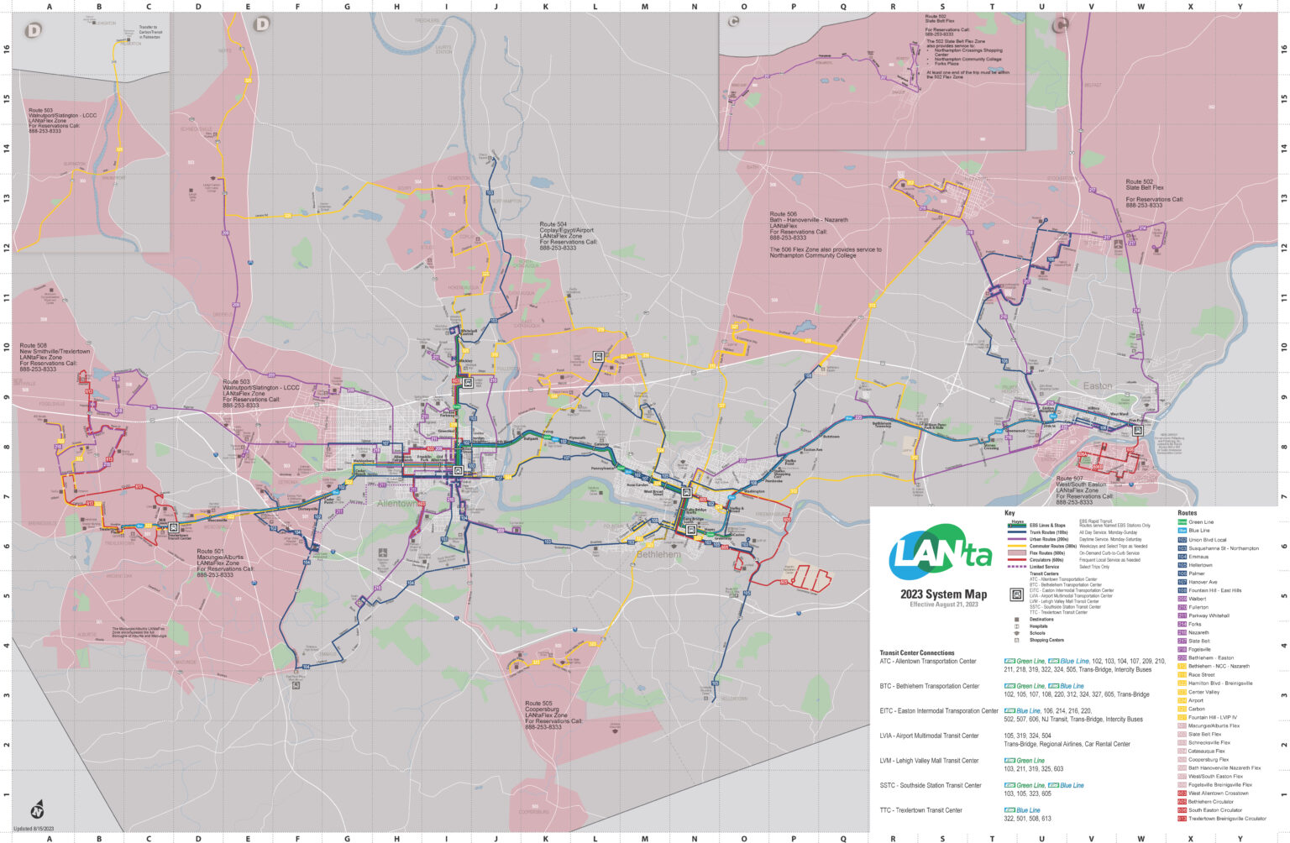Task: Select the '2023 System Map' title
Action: click(943, 594)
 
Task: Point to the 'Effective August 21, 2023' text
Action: click(943, 605)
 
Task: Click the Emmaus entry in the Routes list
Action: click(1198, 557)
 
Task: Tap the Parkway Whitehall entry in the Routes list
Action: click(1209, 615)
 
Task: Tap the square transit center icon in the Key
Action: click(1016, 594)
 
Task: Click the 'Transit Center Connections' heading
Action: click(916, 652)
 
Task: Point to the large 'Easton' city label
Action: click(1097, 386)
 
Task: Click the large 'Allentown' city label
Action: click(396, 504)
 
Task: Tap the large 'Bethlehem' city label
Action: click(658, 554)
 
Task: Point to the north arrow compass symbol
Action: click(36, 810)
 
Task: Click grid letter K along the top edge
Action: click(546, 7)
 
